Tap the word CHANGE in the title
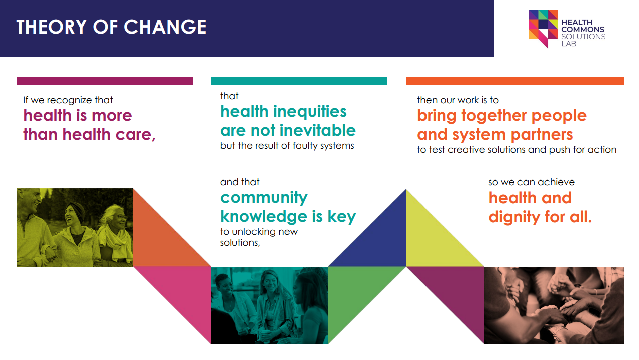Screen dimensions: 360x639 pyautogui.click(x=165, y=27)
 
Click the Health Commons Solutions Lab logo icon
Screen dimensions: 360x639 pyautogui.click(x=543, y=27)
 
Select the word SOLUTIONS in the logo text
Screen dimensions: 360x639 pyautogui.click(x=583, y=36)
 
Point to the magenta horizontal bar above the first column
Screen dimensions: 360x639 pyautogui.click(x=104, y=81)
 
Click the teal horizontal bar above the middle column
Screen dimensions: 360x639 pyautogui.click(x=299, y=81)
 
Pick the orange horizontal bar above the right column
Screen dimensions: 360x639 pyautogui.click(x=515, y=81)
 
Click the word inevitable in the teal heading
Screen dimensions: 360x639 pyautogui.click(x=317, y=130)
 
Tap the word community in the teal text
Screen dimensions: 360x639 pyautogui.click(x=264, y=197)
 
